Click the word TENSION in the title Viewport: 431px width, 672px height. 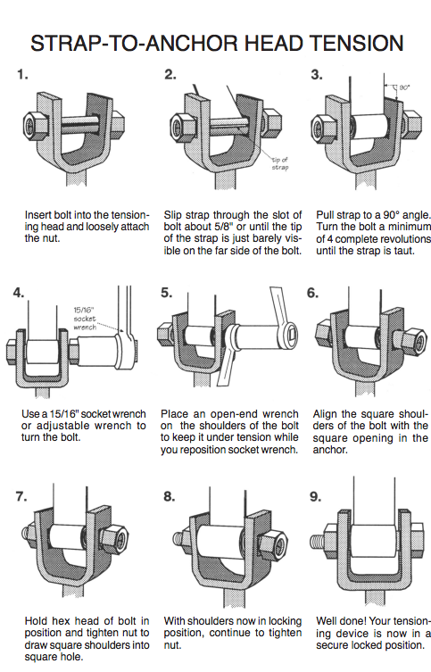pos(356,43)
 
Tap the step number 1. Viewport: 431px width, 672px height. pos(22,75)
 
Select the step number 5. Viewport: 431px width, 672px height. pos(166,293)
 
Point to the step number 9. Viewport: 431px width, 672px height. pos(315,496)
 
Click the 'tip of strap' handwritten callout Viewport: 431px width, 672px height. pos(280,163)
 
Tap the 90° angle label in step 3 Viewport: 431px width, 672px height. pos(404,87)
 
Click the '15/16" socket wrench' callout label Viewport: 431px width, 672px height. pos(85,319)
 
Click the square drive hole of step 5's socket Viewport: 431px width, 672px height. pos(290,334)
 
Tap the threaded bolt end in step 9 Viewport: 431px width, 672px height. pos(317,541)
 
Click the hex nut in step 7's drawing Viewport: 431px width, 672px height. pos(114,536)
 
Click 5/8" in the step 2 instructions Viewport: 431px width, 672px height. pos(224,227)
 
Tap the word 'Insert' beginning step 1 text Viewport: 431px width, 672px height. pos(38,215)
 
